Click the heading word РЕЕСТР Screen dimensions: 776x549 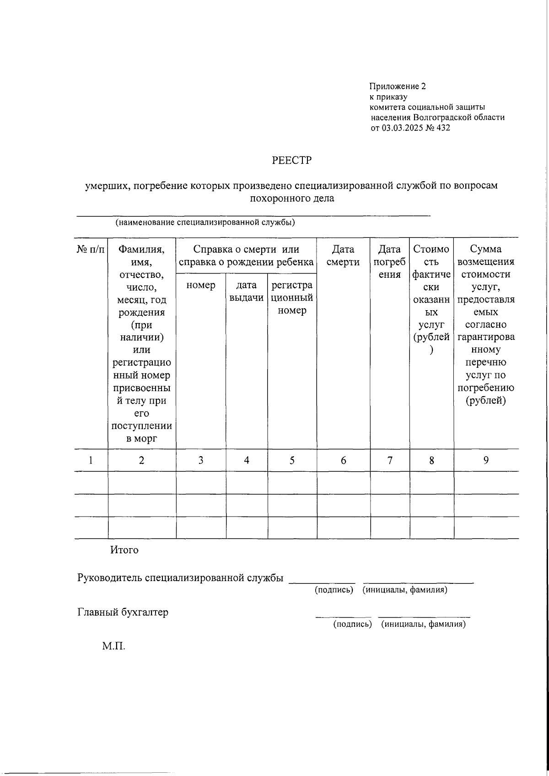coord(291,161)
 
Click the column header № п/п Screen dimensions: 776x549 coord(91,249)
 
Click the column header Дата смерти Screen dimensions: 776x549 coord(343,255)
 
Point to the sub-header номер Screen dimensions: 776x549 coord(201,286)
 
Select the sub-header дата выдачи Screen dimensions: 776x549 coord(247,291)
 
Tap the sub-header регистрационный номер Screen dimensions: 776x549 coord(292,297)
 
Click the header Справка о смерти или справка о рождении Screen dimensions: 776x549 coord(246,255)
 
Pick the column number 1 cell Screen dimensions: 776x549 coord(91,460)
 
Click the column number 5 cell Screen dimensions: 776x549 coord(292,460)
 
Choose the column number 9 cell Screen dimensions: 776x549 coord(486,460)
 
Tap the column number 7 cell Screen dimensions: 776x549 coord(390,460)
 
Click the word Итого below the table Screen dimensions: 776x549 coord(124,550)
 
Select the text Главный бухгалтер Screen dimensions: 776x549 coord(123,612)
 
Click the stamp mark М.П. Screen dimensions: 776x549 coord(113,646)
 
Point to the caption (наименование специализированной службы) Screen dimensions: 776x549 coord(205,223)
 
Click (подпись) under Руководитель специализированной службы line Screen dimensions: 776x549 coord(334,590)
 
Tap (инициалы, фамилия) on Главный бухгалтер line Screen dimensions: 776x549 coord(423,624)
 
